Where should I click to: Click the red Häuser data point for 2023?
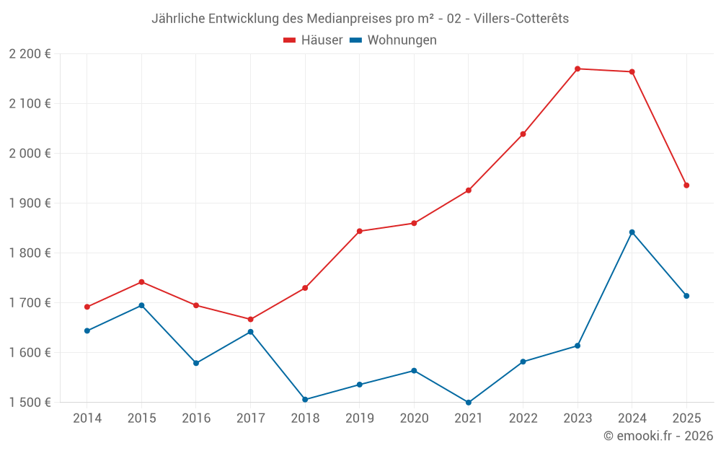[x=578, y=69]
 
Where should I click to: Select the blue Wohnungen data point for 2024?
[x=632, y=232]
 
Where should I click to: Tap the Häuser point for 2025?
[x=686, y=185]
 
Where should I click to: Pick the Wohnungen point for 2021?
[x=469, y=403]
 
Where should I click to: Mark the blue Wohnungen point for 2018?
[x=305, y=400]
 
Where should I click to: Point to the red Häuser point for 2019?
[x=360, y=232]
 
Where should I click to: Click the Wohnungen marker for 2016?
[x=196, y=363]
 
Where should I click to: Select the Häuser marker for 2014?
[x=87, y=307]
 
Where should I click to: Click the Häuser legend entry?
[x=313, y=40]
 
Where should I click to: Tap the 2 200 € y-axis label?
[x=30, y=54]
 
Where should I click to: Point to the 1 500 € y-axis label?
[x=30, y=403]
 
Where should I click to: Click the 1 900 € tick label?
[x=30, y=203]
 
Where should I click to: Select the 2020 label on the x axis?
[x=414, y=419]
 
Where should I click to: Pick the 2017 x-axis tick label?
[x=250, y=419]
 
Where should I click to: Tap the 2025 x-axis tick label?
[x=686, y=419]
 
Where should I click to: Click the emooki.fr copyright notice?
[x=658, y=436]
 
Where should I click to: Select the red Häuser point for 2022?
[x=523, y=134]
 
